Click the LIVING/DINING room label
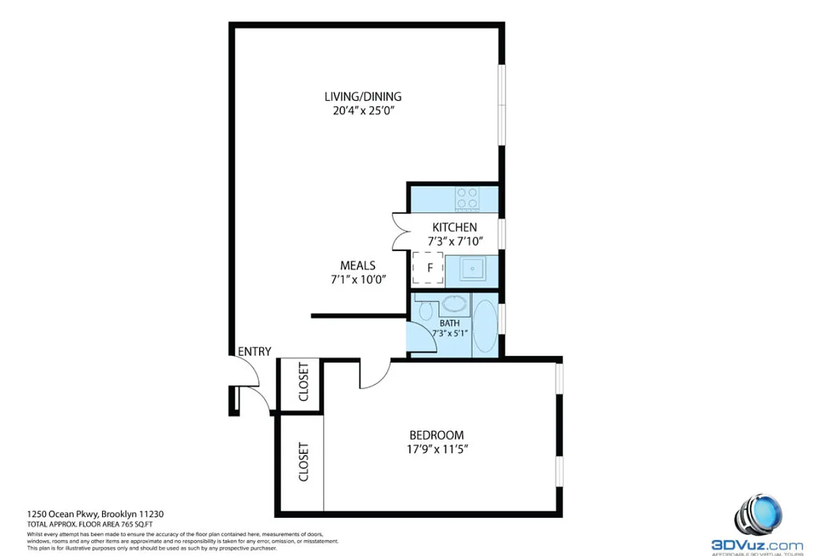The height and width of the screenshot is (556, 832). coord(363,97)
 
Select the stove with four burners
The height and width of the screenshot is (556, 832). coord(467,199)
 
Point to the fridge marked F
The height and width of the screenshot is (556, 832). coord(429,268)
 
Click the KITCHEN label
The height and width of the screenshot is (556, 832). coord(454,227)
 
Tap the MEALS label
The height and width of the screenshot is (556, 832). coord(358,265)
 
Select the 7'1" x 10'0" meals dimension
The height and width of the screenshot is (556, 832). coord(358,279)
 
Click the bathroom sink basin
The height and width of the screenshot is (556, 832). coord(455,304)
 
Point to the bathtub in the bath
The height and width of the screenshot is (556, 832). coord(486,325)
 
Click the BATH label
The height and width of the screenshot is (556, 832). coord(449,323)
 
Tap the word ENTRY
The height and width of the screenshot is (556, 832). coord(254,352)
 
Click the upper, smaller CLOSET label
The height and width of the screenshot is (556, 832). coord(303,382)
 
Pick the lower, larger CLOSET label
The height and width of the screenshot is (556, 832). coord(303,461)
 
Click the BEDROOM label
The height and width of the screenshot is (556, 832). coord(436,435)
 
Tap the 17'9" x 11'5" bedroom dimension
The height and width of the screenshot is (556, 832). coord(438,449)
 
